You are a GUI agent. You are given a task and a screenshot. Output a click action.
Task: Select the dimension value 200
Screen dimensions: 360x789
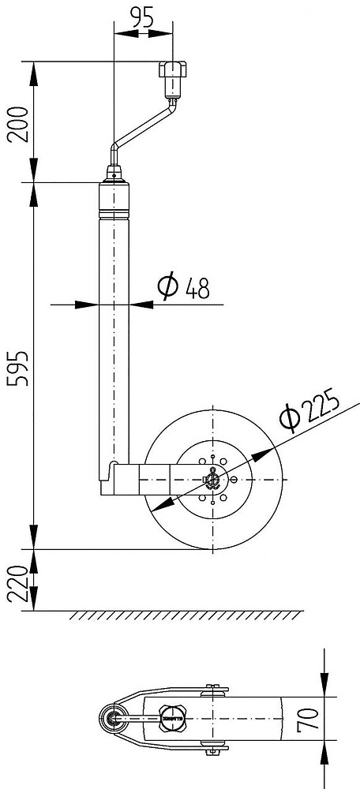[18, 125]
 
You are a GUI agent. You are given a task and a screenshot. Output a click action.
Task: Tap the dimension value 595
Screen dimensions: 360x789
[18, 368]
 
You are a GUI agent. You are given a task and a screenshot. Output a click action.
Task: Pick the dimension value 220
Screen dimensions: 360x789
[18, 584]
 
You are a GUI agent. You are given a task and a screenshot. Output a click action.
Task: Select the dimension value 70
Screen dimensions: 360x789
[309, 719]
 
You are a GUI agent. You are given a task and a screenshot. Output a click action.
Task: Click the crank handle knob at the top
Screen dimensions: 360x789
[173, 69]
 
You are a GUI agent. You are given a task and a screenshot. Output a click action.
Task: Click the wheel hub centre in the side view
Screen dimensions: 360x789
[213, 480]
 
